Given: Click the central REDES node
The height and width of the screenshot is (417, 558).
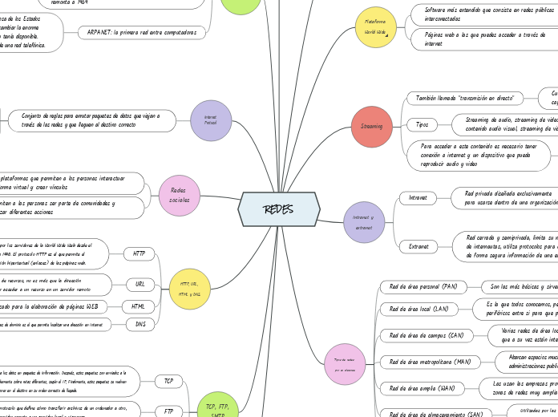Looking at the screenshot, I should pos(279,209).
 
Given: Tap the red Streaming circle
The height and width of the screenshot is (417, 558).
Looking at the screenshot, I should pos(371,126).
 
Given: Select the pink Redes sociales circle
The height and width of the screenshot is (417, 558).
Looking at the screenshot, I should pos(180,196).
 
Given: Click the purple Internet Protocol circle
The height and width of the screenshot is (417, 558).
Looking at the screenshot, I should pos(211,120).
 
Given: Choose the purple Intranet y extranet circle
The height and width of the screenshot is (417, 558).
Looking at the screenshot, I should pos(364,222).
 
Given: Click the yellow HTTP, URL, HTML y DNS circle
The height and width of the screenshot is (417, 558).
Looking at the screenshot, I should pos(190,289).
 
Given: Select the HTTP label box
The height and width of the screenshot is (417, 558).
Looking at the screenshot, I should pos(139,253).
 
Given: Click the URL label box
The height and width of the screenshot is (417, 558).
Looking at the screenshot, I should pos(139,284).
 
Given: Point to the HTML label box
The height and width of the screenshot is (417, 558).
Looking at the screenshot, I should pos(138,306).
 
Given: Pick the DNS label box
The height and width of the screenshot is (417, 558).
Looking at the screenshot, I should pos(140,325).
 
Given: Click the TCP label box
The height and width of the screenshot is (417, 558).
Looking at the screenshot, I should pos(168,381).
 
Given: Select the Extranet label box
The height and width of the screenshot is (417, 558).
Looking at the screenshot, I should pos(418,246).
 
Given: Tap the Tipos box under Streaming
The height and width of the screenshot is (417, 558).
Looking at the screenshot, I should pos(422,124).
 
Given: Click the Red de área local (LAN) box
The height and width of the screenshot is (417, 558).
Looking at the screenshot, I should pos(418,309).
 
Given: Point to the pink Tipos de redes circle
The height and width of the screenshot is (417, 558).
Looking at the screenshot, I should pos(345,364).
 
